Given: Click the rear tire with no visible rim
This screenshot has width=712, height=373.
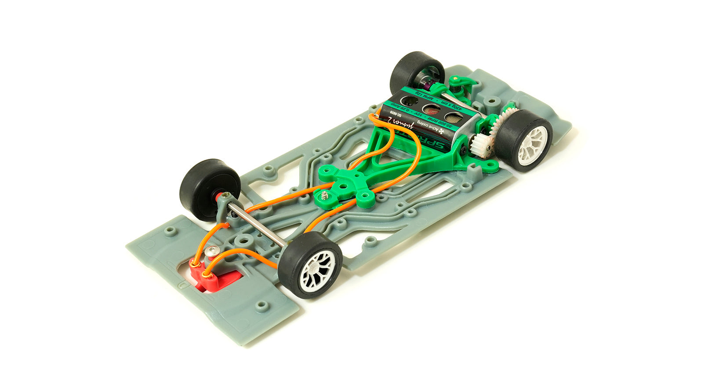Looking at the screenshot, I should pos(411,72).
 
